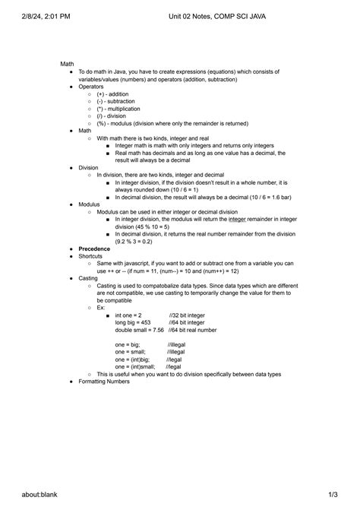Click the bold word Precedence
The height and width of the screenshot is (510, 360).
click(95, 249)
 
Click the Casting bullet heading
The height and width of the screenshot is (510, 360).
click(89, 279)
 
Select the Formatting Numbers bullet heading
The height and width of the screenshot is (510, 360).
click(104, 382)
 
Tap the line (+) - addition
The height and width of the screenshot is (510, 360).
click(112, 94)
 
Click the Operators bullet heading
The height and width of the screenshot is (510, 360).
click(91, 87)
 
